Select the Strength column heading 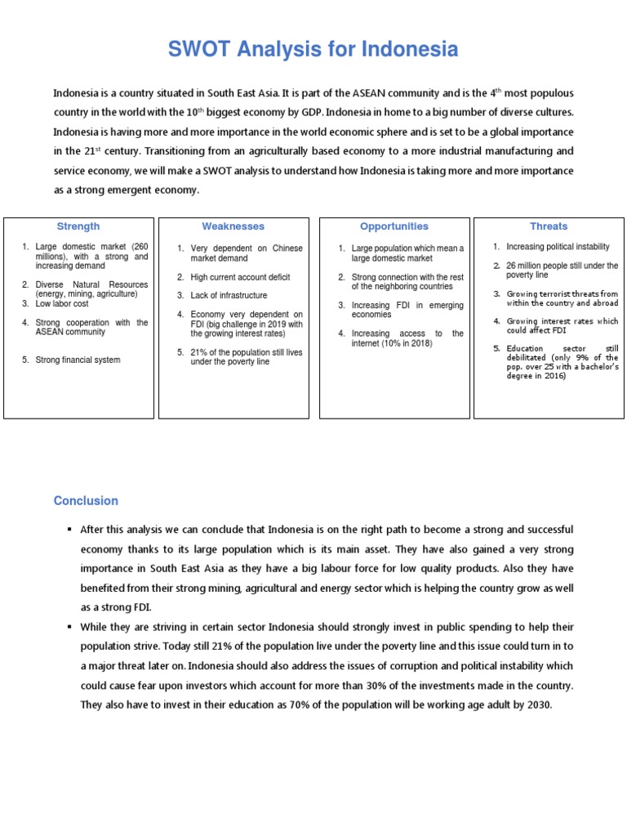[x=78, y=226]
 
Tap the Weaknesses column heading [x=233, y=226]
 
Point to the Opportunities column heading [x=394, y=226]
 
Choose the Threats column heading [x=549, y=226]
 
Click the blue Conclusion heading [x=86, y=501]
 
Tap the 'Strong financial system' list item [x=78, y=360]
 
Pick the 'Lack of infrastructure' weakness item [x=229, y=296]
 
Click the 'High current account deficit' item [x=240, y=278]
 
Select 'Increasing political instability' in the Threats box [x=558, y=247]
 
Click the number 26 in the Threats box [x=511, y=266]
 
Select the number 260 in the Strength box [x=139, y=247]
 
